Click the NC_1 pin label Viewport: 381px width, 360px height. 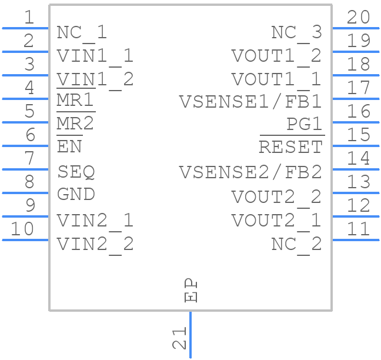(82, 32)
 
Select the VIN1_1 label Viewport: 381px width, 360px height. (95, 56)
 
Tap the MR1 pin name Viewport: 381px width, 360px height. (75, 102)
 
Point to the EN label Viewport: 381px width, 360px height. (69, 147)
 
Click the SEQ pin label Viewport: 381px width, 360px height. (76, 172)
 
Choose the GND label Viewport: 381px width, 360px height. (76, 194)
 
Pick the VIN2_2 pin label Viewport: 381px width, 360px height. (95, 244)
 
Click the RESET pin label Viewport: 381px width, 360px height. (291, 147)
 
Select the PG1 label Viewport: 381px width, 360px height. (304, 125)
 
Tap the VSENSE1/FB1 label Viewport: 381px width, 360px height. (250, 102)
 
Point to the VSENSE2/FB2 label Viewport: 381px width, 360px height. (250, 172)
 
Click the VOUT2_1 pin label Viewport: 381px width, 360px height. (276, 221)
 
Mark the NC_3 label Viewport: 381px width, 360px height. (296, 32)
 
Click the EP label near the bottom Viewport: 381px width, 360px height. (191, 291)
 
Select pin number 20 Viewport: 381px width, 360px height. (358, 18)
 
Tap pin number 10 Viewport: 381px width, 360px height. (22, 229)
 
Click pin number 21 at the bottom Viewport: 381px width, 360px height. (179, 338)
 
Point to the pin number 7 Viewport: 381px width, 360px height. (29, 158)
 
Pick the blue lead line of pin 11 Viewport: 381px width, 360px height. (356, 239)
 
